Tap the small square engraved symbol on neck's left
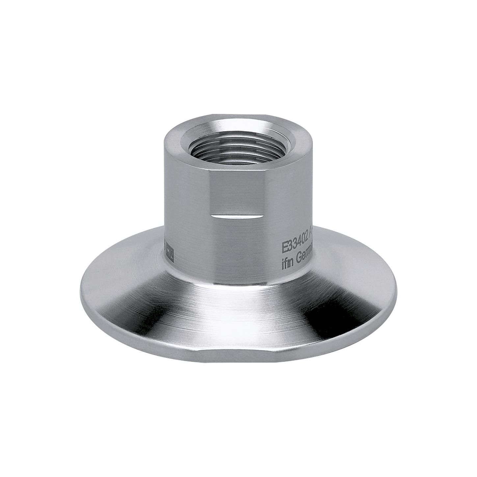pos(169,248)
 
